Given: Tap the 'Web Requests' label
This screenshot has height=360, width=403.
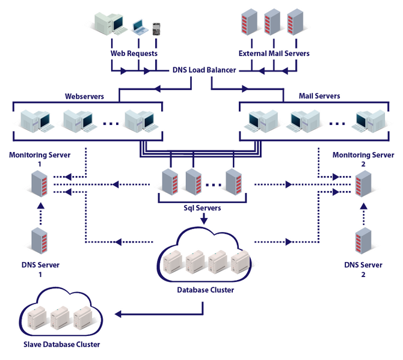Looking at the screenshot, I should (134, 53).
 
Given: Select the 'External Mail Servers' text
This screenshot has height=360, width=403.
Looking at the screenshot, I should (274, 53).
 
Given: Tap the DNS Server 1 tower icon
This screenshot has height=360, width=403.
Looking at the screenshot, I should (40, 241).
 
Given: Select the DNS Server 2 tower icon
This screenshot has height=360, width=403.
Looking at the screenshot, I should (363, 241).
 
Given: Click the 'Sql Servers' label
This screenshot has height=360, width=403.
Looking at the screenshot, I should (202, 208).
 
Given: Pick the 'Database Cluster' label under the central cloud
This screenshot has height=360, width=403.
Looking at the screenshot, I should (205, 290).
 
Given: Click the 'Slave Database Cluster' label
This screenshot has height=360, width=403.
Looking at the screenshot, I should (61, 344).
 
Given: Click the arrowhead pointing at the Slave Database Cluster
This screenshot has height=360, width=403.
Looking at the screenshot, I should (119, 314).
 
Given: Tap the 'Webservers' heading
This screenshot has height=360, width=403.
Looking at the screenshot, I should (84, 96).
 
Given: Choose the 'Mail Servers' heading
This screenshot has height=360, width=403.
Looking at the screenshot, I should (319, 96).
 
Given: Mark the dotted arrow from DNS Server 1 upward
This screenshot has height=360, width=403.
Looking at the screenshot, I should (40, 213).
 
